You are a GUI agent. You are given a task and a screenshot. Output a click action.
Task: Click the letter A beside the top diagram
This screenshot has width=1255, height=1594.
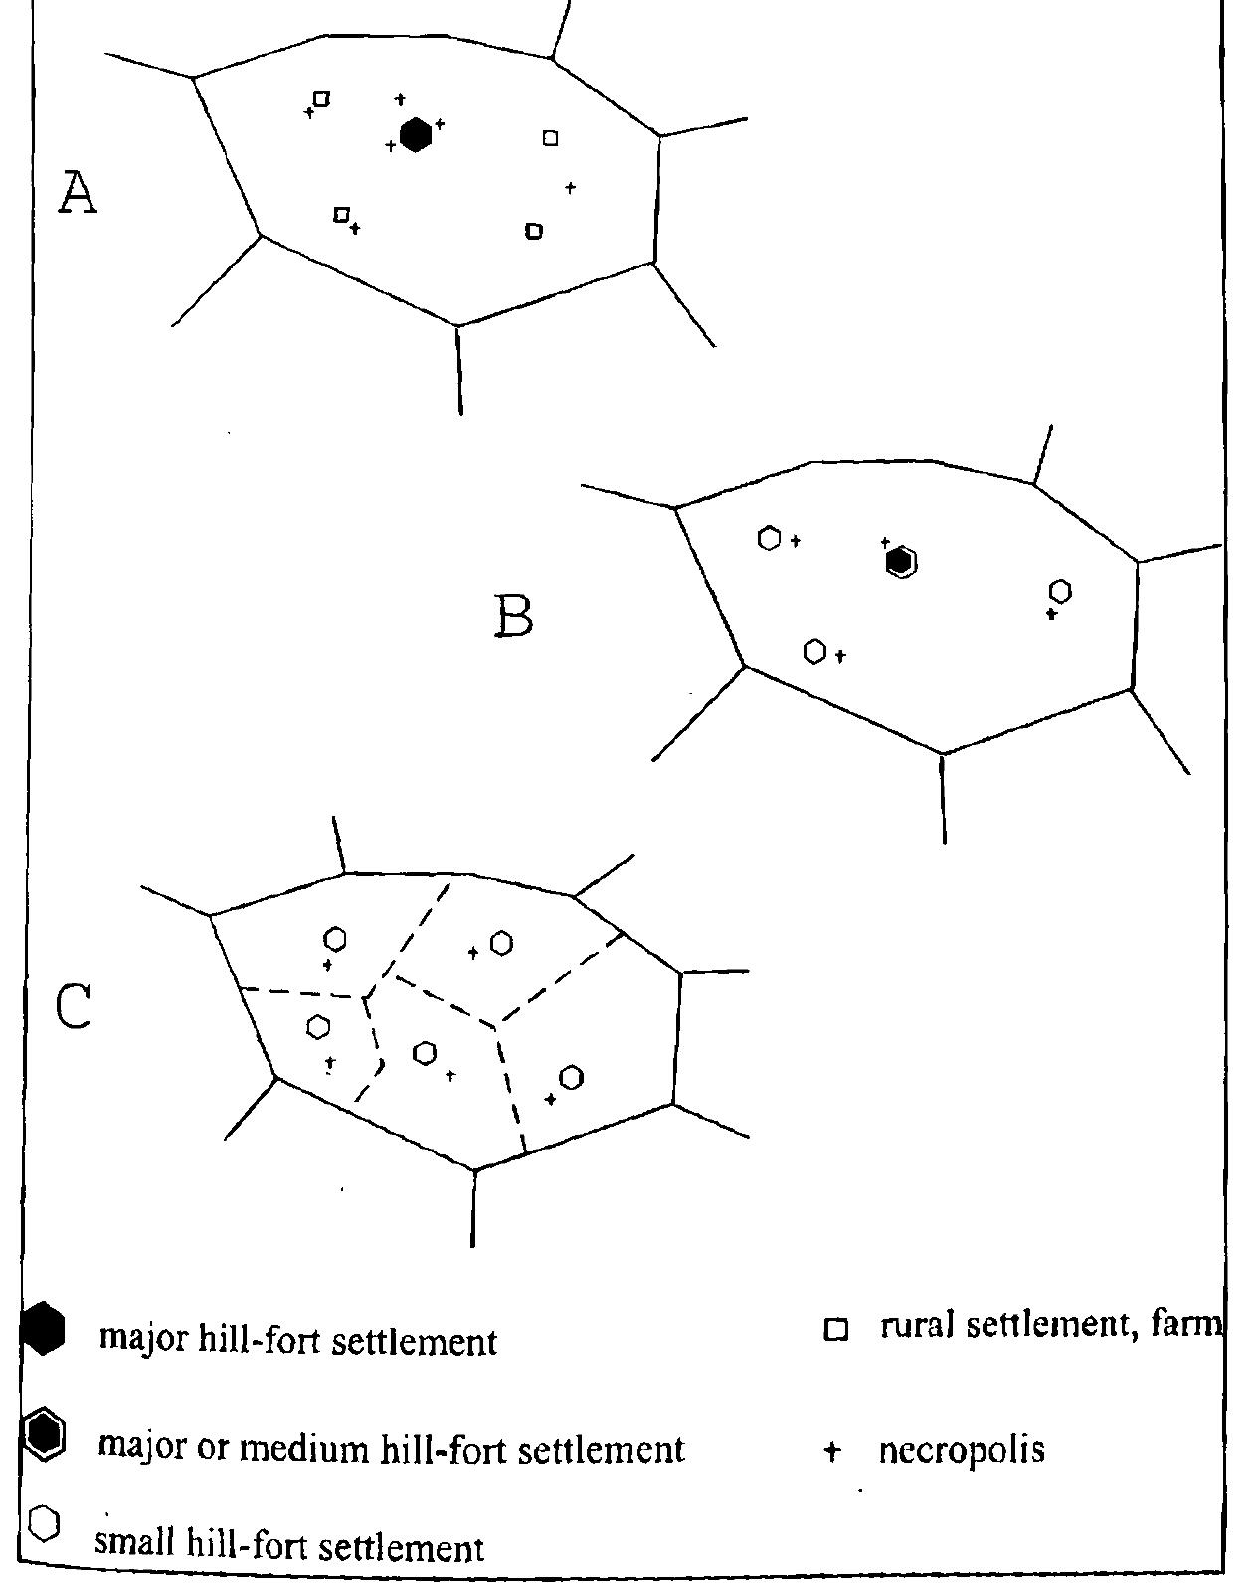(77, 192)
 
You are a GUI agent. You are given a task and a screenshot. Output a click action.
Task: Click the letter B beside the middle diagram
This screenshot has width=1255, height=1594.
(513, 618)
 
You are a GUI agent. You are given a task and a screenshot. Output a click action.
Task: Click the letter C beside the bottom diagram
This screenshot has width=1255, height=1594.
(74, 1006)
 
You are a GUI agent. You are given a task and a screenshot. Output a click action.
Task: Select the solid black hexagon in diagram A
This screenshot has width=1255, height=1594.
(415, 135)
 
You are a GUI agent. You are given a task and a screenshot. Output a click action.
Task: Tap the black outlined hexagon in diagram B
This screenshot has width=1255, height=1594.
(901, 562)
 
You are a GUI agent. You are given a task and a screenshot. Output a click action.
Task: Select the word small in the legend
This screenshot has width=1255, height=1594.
(133, 1546)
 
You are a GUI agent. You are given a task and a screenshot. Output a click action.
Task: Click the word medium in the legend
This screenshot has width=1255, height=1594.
(310, 1448)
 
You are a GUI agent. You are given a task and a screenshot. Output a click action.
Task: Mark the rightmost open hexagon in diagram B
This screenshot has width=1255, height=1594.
(1060, 591)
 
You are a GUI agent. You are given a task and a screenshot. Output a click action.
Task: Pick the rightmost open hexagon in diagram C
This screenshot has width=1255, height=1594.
(571, 1077)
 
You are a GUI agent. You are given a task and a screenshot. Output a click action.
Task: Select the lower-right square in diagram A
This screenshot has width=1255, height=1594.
(533, 231)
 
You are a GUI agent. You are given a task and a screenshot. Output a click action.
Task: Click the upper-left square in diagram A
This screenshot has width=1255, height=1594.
(321, 98)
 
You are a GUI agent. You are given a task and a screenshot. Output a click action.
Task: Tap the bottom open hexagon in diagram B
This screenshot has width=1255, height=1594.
(814, 652)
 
